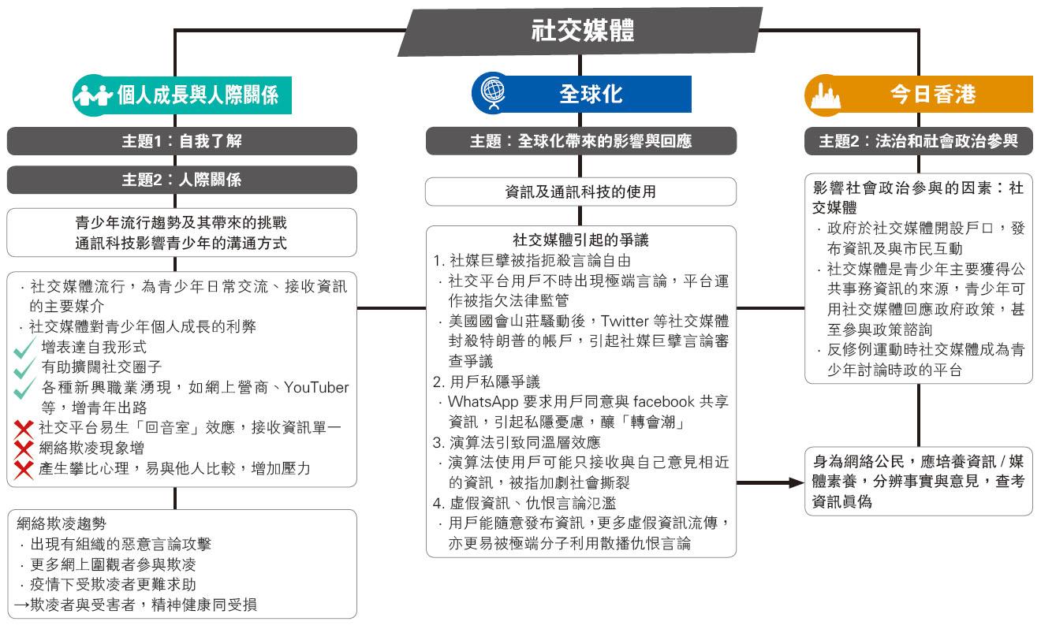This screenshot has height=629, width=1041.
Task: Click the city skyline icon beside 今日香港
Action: coord(826,96)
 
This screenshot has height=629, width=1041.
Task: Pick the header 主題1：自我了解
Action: coord(181,141)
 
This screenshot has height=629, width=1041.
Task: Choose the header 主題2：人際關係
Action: coord(181,179)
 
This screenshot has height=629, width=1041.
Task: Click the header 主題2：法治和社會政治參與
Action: coord(918,141)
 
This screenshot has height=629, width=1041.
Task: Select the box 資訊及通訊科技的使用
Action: coord(580,192)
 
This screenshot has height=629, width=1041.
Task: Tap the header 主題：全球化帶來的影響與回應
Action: coord(581,141)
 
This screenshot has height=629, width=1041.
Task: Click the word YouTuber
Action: coord(316,388)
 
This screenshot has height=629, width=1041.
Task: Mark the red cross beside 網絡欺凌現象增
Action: coord(23,448)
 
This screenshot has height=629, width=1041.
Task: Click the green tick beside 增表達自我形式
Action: coord(24,348)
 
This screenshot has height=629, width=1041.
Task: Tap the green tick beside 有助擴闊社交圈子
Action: coord(24,368)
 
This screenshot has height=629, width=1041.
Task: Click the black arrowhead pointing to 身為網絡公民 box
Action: coord(797,482)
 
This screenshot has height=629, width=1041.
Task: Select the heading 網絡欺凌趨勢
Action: coord(62,523)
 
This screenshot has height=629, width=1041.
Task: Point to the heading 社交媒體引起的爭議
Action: coord(580,240)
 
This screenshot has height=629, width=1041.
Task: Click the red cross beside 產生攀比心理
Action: coord(23,470)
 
